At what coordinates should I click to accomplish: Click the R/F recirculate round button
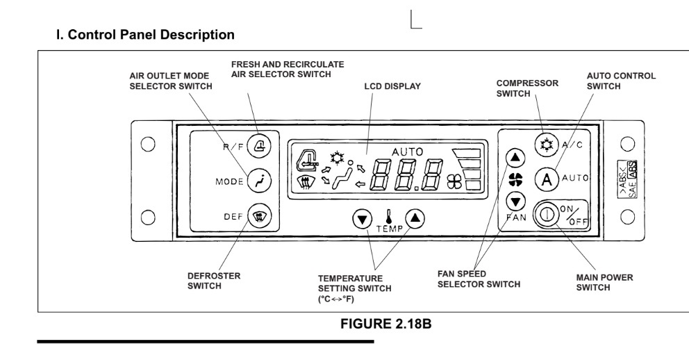coord(259,145)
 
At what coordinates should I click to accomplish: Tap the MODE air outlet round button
coord(259,181)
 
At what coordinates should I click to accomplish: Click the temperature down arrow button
coord(362,219)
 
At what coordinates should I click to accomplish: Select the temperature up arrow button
coord(415,218)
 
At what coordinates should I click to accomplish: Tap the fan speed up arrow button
coord(515,158)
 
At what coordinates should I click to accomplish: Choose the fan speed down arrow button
coord(515,202)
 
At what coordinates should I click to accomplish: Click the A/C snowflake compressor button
coord(547,144)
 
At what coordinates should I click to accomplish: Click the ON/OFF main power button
coord(545,214)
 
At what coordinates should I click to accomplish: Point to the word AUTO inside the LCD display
coord(407,152)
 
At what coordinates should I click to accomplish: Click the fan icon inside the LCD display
coord(454,182)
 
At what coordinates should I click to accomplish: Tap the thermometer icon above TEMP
coord(388,217)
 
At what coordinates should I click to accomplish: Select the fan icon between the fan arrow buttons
coord(515,179)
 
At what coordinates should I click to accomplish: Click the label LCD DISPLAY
coord(392,86)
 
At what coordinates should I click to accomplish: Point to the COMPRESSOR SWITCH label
coord(527,88)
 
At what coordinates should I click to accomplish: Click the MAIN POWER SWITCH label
coord(605,282)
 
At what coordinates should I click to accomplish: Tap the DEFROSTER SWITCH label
coord(214,281)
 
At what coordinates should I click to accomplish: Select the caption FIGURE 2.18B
coord(385,324)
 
